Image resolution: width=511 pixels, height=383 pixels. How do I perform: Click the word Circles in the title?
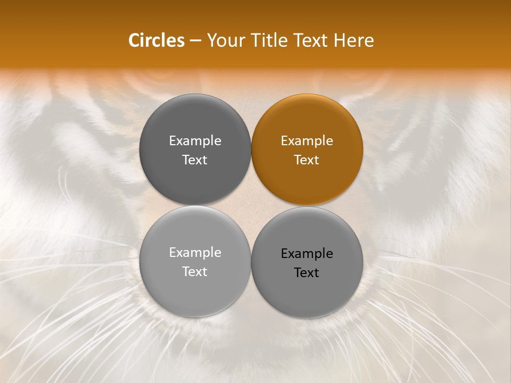click(x=156, y=40)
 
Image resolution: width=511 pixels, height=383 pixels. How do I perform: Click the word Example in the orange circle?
click(x=307, y=141)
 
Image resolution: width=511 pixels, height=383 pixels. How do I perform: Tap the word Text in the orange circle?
click(x=307, y=160)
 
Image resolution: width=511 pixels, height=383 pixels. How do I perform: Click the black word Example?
click(x=307, y=254)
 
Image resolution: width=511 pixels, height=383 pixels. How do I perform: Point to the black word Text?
click(x=307, y=273)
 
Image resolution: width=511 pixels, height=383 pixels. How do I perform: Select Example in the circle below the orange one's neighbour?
click(x=195, y=253)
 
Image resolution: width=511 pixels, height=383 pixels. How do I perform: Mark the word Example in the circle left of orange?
click(x=195, y=141)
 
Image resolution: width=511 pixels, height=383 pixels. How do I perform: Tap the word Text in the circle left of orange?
click(x=195, y=160)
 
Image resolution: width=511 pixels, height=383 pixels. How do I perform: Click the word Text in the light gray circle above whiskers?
click(x=195, y=272)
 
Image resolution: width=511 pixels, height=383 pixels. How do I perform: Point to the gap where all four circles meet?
click(x=251, y=206)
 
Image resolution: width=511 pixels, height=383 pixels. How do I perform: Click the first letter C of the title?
click(x=135, y=40)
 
